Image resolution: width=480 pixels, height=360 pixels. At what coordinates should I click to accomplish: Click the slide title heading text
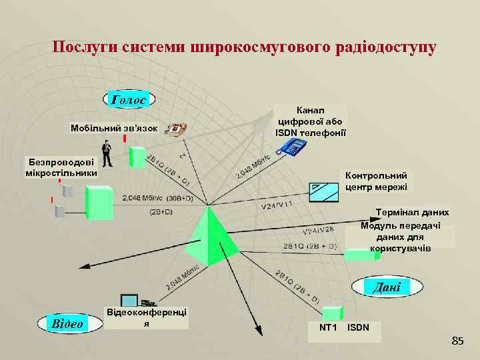[x=245, y=47]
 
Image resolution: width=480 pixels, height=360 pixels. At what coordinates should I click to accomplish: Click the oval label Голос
[x=129, y=99]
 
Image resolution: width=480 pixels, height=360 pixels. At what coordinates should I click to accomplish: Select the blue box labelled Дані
[x=387, y=287]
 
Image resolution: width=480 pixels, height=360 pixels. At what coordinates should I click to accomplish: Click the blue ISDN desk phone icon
[x=291, y=147]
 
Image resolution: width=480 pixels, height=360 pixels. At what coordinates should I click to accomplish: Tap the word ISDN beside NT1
[x=358, y=328]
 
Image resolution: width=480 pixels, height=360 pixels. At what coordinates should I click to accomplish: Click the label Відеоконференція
[x=147, y=317]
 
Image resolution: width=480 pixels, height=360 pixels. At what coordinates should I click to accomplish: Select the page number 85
[x=457, y=342]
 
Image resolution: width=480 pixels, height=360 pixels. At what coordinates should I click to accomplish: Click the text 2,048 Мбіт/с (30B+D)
[x=157, y=198]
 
